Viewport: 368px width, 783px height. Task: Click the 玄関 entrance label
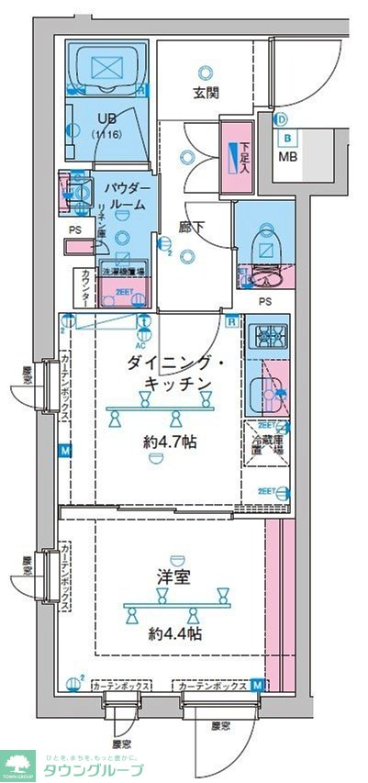pos(205,93)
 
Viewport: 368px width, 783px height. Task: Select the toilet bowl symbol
pos(267,245)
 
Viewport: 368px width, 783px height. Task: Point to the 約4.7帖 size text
pos(168,442)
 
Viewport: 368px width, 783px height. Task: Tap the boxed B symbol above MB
pos(287,139)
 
